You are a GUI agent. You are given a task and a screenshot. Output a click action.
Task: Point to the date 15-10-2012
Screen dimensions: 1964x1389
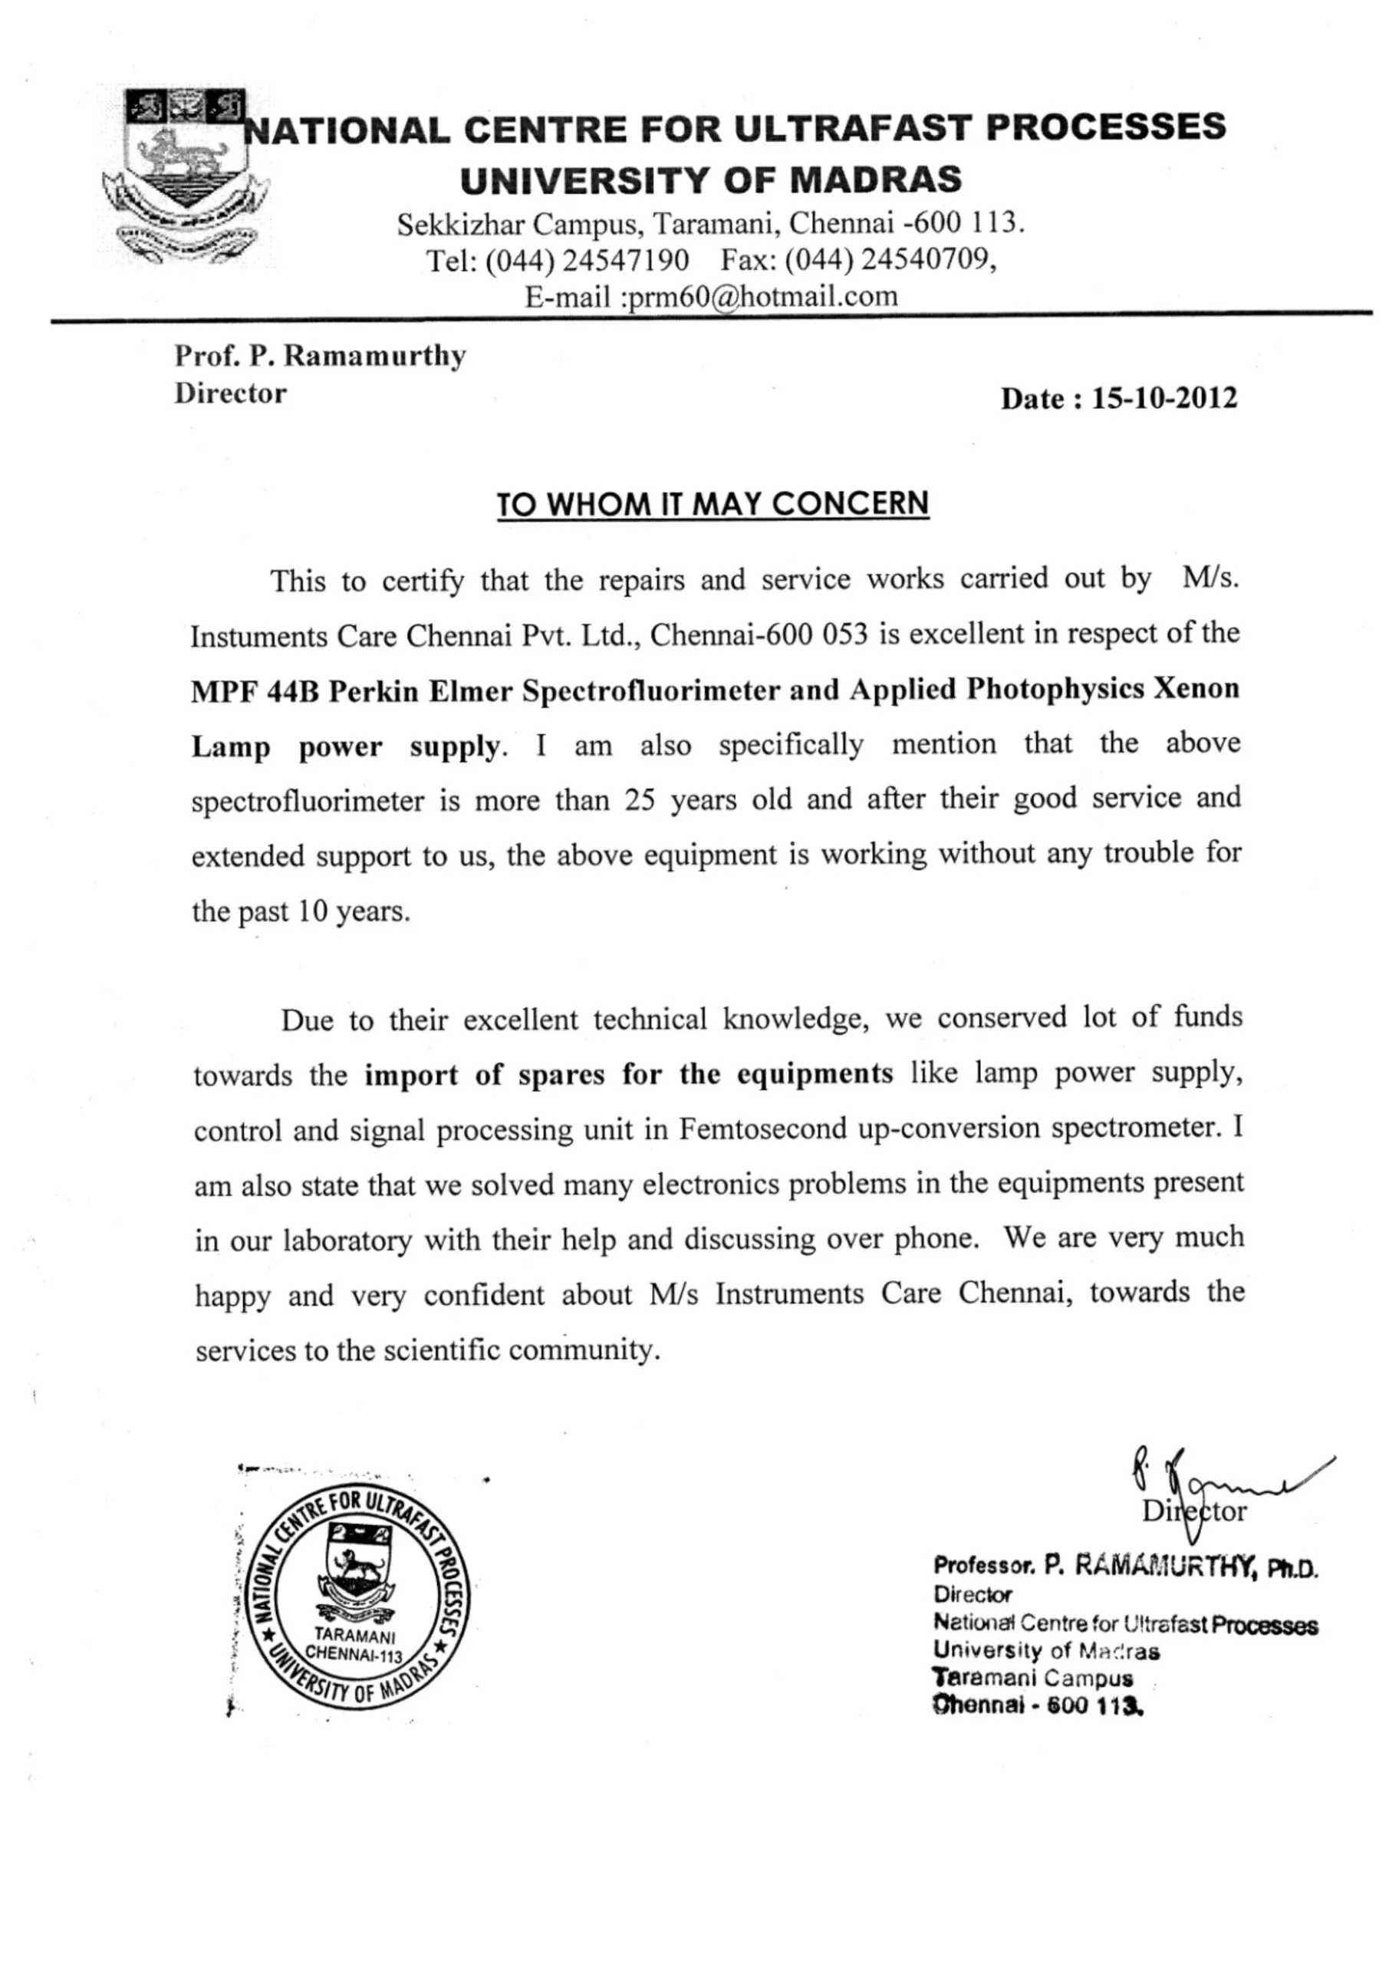tap(1164, 399)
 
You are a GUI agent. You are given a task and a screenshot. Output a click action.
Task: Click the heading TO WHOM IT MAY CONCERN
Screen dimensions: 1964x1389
tap(713, 504)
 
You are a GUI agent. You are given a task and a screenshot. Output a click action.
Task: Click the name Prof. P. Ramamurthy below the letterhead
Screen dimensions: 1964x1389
tap(320, 356)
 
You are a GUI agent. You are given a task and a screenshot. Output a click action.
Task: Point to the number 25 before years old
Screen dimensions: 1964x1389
tap(639, 800)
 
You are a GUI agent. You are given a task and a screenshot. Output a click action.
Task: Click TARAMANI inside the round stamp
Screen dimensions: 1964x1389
tap(354, 1635)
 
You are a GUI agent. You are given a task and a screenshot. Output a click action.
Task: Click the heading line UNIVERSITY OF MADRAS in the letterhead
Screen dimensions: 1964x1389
tap(711, 180)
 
